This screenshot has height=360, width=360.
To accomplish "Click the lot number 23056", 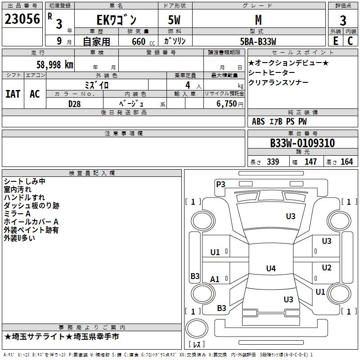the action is pyautogui.click(x=22, y=19).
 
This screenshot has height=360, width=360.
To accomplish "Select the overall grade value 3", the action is pyautogui.click(x=343, y=20).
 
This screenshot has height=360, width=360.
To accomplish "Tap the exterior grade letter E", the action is pyautogui.click(x=336, y=41).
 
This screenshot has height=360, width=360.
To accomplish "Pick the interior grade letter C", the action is pyautogui.click(x=350, y=41).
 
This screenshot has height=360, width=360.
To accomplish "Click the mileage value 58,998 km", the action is pyautogui.click(x=55, y=65).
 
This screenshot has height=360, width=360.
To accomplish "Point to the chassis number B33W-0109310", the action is pyautogui.click(x=302, y=143).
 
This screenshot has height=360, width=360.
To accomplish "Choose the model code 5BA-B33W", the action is pyautogui.click(x=258, y=41).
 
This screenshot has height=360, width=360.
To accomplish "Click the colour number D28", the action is pyautogui.click(x=75, y=104).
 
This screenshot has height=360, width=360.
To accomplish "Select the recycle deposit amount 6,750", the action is pyautogui.click(x=227, y=104).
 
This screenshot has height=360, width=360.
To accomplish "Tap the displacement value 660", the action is pyautogui.click(x=139, y=41).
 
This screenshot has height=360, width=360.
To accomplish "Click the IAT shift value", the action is pyautogui.click(x=13, y=94).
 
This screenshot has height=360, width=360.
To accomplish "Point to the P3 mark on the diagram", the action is pyautogui.click(x=220, y=184).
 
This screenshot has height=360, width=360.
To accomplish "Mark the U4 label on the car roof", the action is pyautogui.click(x=271, y=268).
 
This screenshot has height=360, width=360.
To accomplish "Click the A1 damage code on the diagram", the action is pyautogui.click(x=215, y=279).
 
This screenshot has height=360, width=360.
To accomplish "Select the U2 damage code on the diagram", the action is pyautogui.click(x=327, y=268).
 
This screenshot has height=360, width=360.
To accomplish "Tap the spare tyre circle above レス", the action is pyautogui.click(x=197, y=328).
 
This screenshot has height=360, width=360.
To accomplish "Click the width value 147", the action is pyautogui.click(x=310, y=162).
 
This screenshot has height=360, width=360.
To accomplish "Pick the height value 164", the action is pyautogui.click(x=346, y=162).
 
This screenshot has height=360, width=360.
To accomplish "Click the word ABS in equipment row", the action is pyautogui.click(x=258, y=121).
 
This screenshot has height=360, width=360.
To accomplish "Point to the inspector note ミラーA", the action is pyautogui.click(x=17, y=214).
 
